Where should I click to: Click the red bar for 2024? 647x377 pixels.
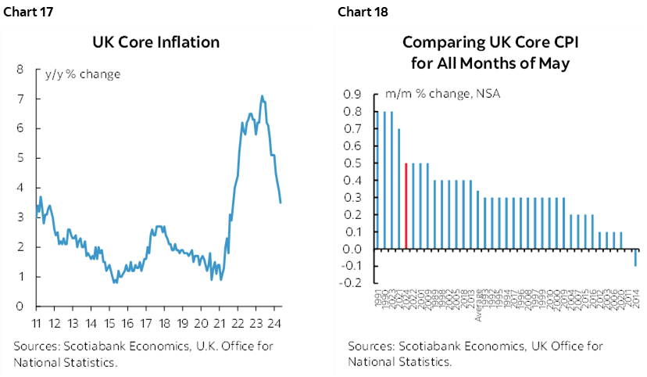(406, 206)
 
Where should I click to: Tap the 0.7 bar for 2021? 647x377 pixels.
(399, 189)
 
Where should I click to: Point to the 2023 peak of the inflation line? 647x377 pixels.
(262, 96)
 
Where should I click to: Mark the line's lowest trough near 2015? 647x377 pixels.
(115, 282)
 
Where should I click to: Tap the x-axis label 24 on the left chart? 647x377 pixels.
(274, 323)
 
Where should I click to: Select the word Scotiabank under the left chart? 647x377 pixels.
(91, 346)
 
